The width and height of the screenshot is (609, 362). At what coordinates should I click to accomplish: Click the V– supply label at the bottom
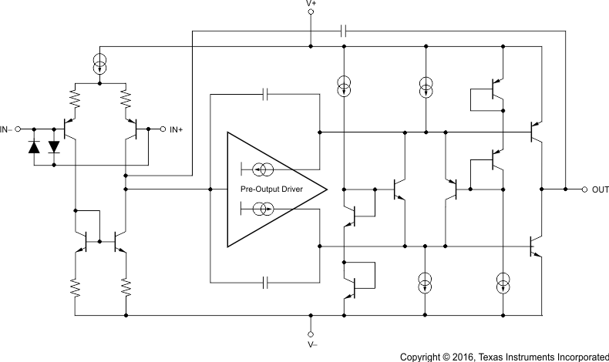coord(310,344)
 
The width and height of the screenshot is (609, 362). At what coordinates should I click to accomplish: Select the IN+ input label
coord(176,129)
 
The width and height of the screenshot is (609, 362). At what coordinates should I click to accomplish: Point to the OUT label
coord(601,189)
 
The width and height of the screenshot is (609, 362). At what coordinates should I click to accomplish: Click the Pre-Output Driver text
coord(271,189)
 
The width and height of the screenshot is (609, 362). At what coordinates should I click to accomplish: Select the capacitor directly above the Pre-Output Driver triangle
coord(264,94)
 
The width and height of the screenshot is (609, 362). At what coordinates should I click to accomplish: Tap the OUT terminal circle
coord(584,189)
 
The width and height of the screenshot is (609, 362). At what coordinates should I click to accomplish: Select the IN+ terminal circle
coord(162,129)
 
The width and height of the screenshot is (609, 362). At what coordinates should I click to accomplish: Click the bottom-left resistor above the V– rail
coord(76,289)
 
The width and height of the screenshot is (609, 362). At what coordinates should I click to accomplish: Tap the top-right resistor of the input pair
coord(126,99)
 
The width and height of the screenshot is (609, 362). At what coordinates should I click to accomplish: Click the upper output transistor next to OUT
coord(537,132)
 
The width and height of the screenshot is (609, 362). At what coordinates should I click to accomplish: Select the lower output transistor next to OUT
coord(537,246)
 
